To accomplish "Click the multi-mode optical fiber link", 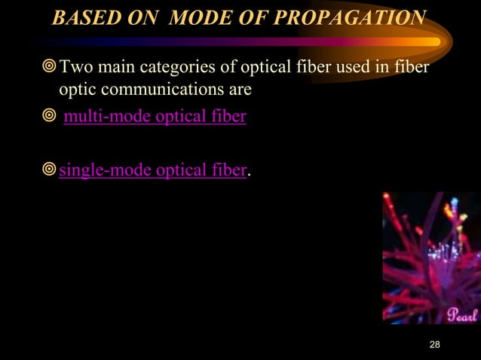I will tap(155, 118).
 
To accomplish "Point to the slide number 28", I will tap(434, 345).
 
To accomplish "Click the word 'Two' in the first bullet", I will tap(73, 70).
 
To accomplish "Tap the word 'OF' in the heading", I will tap(249, 17).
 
